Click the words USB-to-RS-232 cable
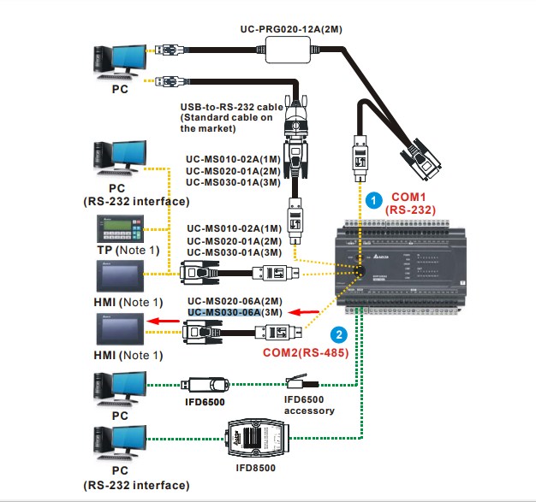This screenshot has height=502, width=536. pos(230,107)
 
